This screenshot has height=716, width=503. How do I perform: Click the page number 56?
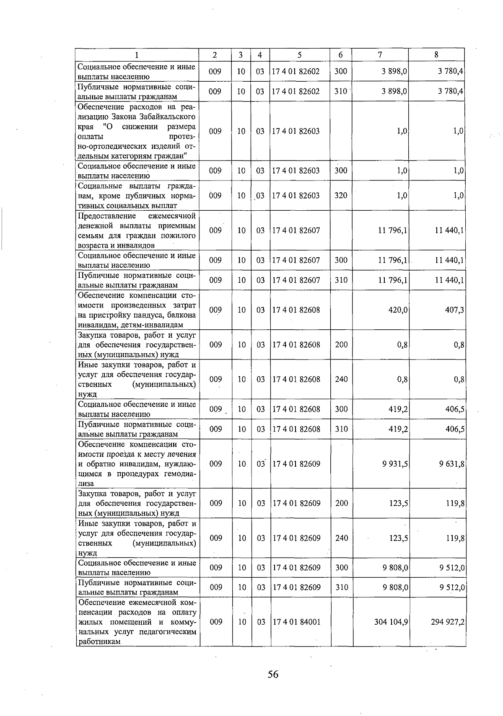pos(273,674)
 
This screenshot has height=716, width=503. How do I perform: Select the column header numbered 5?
pos(299,55)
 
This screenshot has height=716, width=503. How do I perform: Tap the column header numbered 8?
pos(436,55)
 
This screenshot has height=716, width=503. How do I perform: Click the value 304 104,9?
pos(391,622)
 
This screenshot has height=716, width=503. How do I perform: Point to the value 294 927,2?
pos(447,622)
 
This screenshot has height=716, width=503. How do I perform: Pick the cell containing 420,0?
pos(399,310)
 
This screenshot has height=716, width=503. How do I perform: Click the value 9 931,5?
pos(395,464)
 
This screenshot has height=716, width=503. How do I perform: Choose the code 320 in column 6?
pos(341,195)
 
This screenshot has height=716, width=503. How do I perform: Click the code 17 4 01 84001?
pos(296,622)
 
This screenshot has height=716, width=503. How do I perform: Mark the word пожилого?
pos(181,236)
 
